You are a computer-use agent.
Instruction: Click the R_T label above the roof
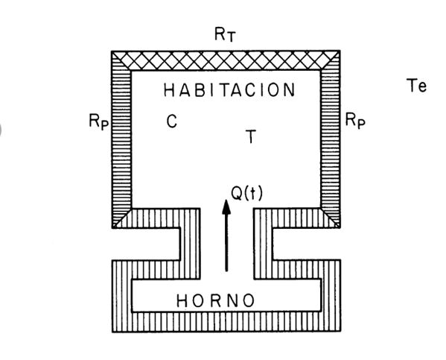point(225,34)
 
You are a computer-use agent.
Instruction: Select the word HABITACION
point(229,89)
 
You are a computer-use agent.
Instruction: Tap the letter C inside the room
point(172,121)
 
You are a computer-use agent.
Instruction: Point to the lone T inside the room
point(251,136)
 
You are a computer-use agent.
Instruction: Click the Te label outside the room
point(416,85)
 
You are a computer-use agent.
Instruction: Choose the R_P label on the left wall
point(99,121)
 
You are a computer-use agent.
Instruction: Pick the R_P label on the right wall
point(355,121)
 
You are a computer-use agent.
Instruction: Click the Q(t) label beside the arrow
point(246,193)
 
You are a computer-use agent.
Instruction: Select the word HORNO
point(215,300)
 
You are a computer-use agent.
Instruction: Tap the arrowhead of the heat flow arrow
point(226,206)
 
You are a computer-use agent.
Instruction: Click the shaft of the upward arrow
point(226,242)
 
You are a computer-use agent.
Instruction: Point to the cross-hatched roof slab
point(226,60)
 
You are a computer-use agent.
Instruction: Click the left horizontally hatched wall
point(122,139)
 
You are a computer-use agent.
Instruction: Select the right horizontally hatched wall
point(330,139)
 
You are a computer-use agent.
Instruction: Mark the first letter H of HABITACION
point(169,90)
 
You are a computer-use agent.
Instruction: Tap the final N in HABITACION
point(290,89)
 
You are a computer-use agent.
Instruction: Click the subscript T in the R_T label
point(232,37)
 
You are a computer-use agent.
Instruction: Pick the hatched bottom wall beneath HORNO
point(226,322)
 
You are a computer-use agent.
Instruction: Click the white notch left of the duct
point(146,244)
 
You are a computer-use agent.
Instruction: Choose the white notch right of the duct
point(307,244)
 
